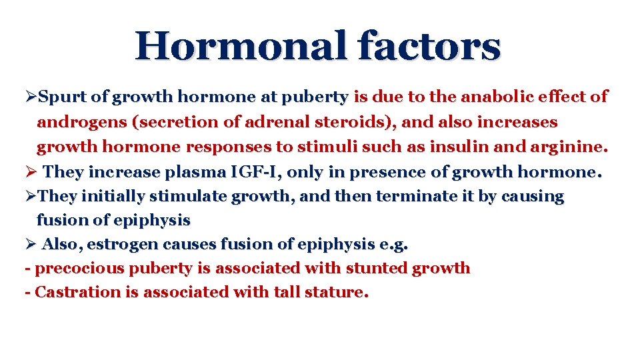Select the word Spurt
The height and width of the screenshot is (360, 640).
pos(63,97)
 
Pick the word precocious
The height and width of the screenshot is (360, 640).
pos(75,269)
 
